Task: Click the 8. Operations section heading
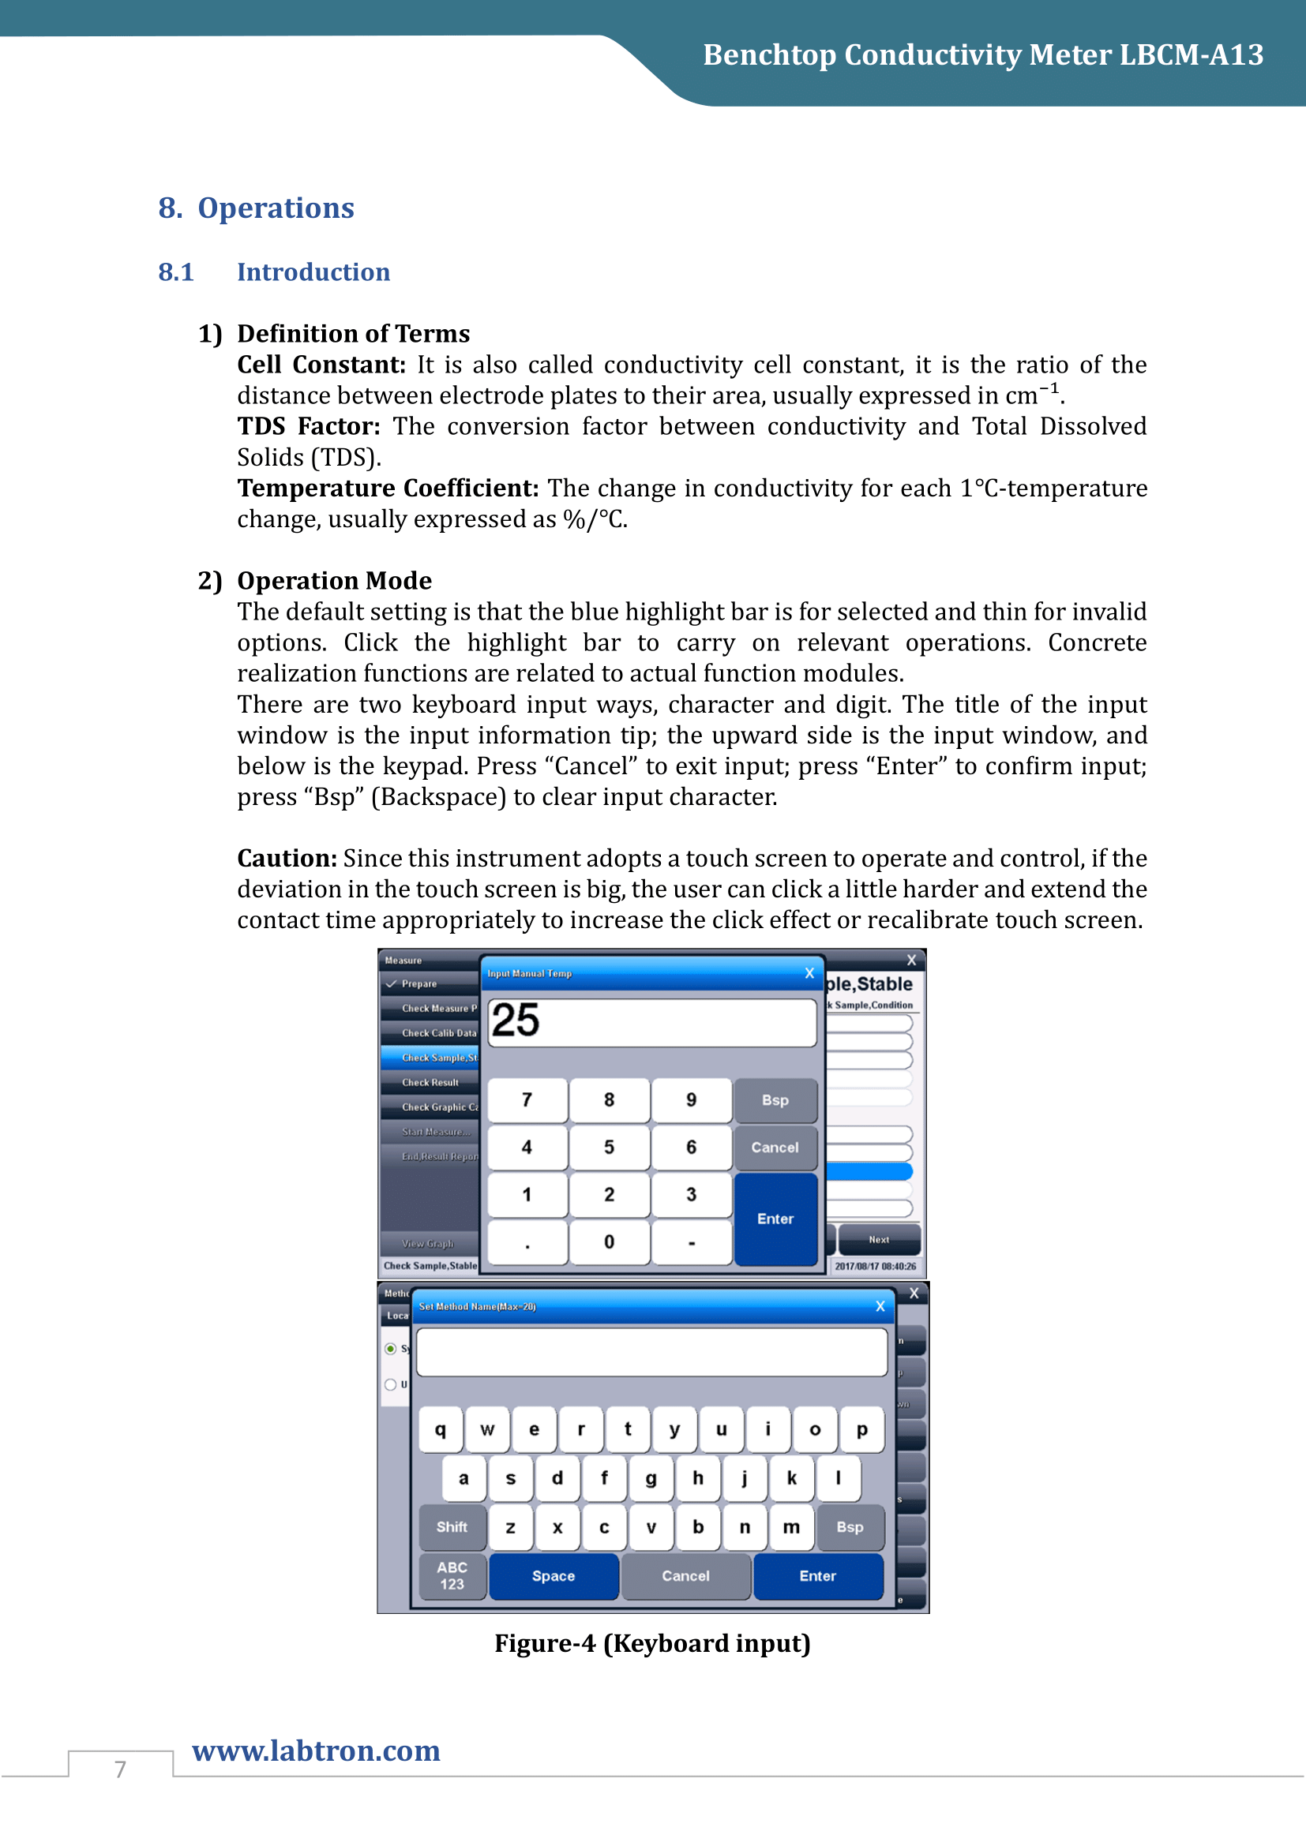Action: (256, 208)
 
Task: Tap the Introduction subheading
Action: (313, 271)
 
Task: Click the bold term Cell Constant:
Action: (321, 365)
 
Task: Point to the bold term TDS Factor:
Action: (308, 426)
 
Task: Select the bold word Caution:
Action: (287, 858)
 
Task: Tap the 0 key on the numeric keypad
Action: (609, 1242)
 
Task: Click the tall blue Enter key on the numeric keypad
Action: (775, 1218)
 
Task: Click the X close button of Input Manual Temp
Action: (809, 973)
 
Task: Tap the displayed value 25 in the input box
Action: (516, 1021)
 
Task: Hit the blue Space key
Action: (554, 1576)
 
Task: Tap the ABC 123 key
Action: (452, 1576)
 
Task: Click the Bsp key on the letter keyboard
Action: (850, 1527)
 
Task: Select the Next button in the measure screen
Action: (879, 1239)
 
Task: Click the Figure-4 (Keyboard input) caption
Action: (652, 1643)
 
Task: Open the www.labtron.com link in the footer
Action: (316, 1751)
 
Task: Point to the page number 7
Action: (121, 1769)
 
